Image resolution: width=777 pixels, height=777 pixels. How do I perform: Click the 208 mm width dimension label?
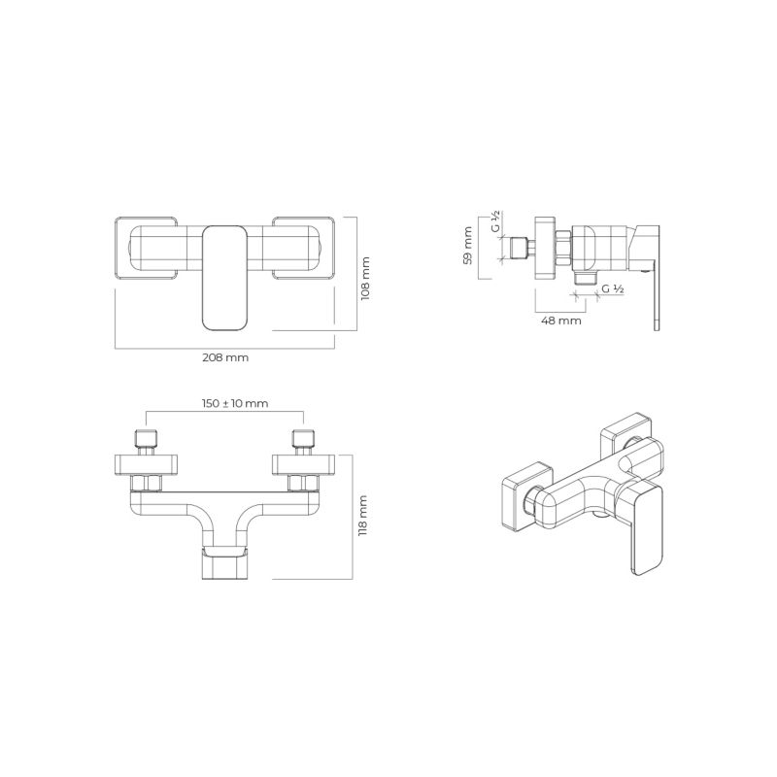click(x=225, y=357)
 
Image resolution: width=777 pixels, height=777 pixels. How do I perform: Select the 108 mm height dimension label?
click(x=366, y=278)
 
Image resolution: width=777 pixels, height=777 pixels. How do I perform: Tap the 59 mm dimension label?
click(x=467, y=246)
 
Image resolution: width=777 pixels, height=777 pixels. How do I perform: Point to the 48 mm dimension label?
click(x=561, y=321)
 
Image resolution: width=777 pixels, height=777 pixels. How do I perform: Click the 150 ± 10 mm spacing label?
click(x=235, y=403)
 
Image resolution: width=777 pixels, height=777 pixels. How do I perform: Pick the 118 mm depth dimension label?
click(x=363, y=516)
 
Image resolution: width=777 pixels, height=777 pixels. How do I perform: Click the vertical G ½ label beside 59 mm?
click(x=496, y=221)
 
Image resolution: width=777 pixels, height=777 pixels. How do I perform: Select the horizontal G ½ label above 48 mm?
click(x=613, y=288)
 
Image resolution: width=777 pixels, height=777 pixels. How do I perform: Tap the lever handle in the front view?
click(x=225, y=278)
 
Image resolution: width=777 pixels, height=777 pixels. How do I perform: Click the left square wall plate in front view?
click(x=146, y=249)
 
